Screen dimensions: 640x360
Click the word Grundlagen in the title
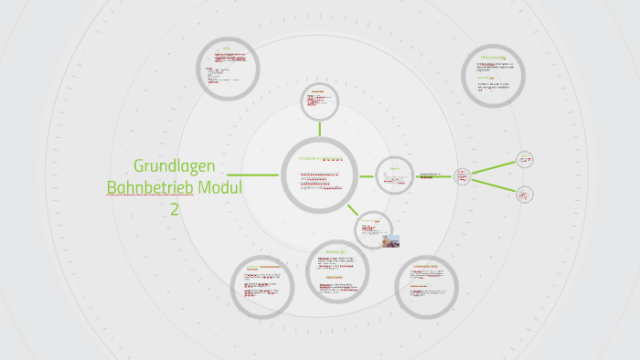pyautogui.click(x=175, y=166)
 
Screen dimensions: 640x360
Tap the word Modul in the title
pyautogui.click(x=221, y=187)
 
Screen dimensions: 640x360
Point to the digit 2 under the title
pyautogui.click(x=174, y=208)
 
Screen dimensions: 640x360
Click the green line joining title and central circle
pyautogui.click(x=253, y=175)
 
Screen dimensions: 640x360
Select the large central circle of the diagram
pyautogui.click(x=319, y=175)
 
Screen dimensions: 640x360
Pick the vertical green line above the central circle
pyautogui.click(x=319, y=129)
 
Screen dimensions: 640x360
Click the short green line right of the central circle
pyautogui.click(x=367, y=175)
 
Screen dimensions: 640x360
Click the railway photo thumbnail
pyautogui.click(x=389, y=241)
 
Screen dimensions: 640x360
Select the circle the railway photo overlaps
pyautogui.click(x=372, y=228)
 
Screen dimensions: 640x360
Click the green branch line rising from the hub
pyautogui.click(x=494, y=166)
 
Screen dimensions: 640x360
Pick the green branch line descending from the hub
pyautogui.click(x=494, y=185)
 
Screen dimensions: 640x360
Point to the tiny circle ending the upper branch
pyautogui.click(x=525, y=159)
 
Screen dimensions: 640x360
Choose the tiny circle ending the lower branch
pyautogui.click(x=525, y=194)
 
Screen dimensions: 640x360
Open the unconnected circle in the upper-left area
pyautogui.click(x=229, y=68)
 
